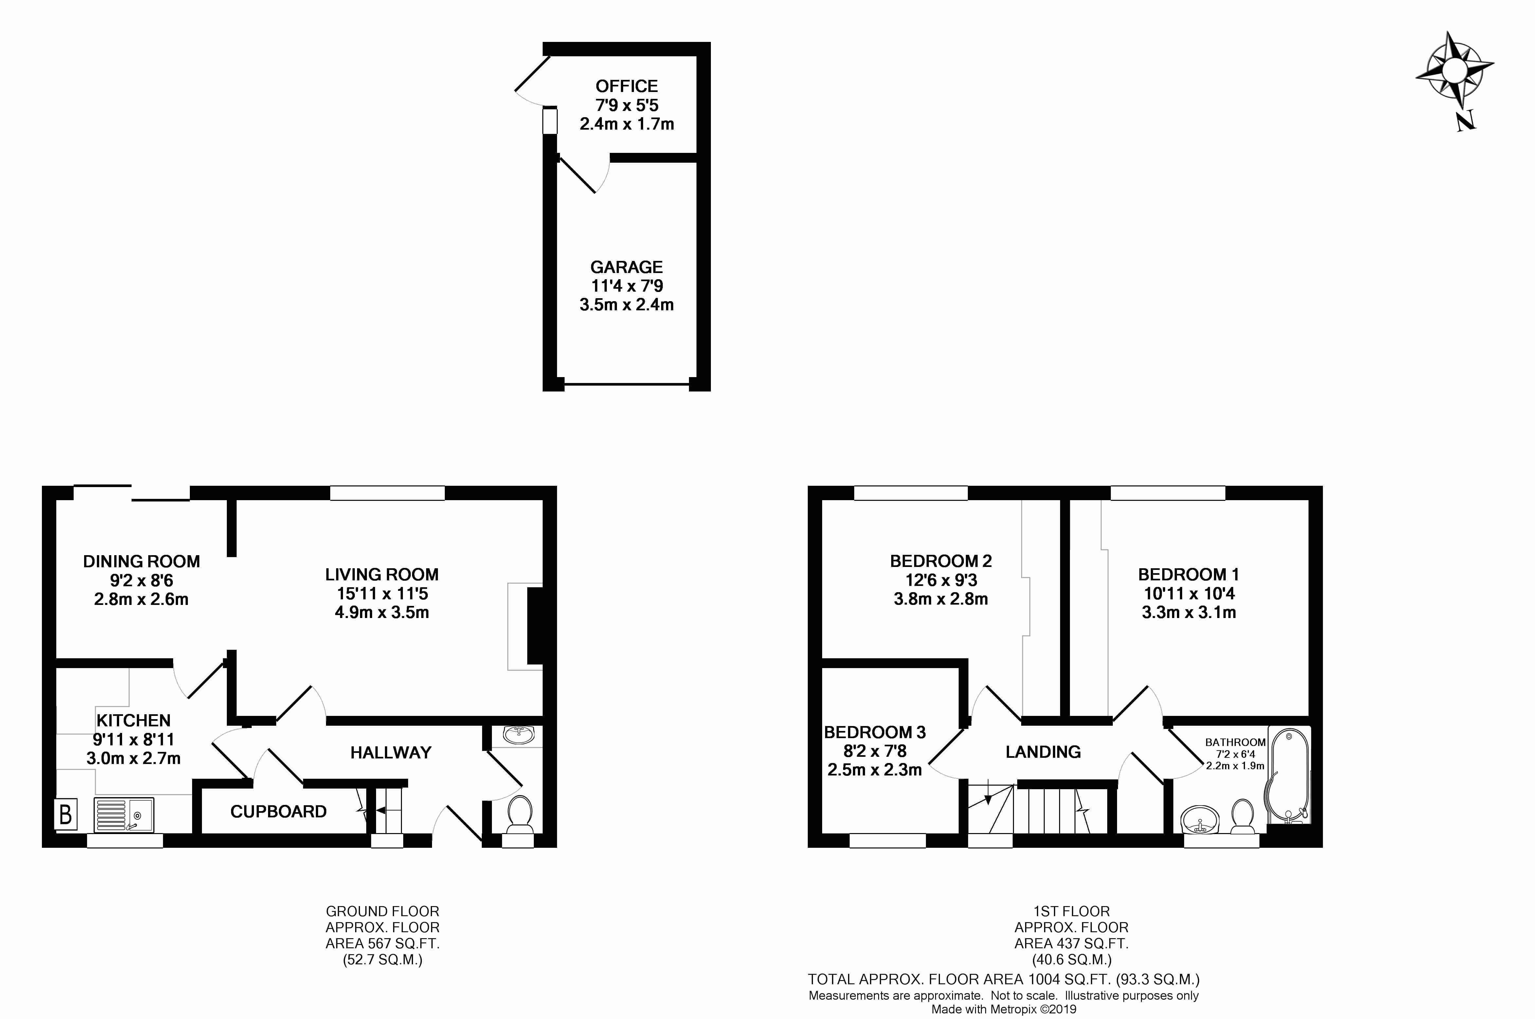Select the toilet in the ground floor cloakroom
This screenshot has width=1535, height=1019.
tap(519, 814)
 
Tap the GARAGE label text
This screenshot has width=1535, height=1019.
tap(626, 267)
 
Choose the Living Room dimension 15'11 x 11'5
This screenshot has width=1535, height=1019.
tap(382, 593)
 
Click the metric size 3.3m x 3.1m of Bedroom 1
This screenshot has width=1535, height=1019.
tap(1189, 612)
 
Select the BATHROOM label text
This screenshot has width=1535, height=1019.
tap(1235, 742)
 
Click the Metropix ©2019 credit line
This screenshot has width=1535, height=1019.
tap(1003, 1009)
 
